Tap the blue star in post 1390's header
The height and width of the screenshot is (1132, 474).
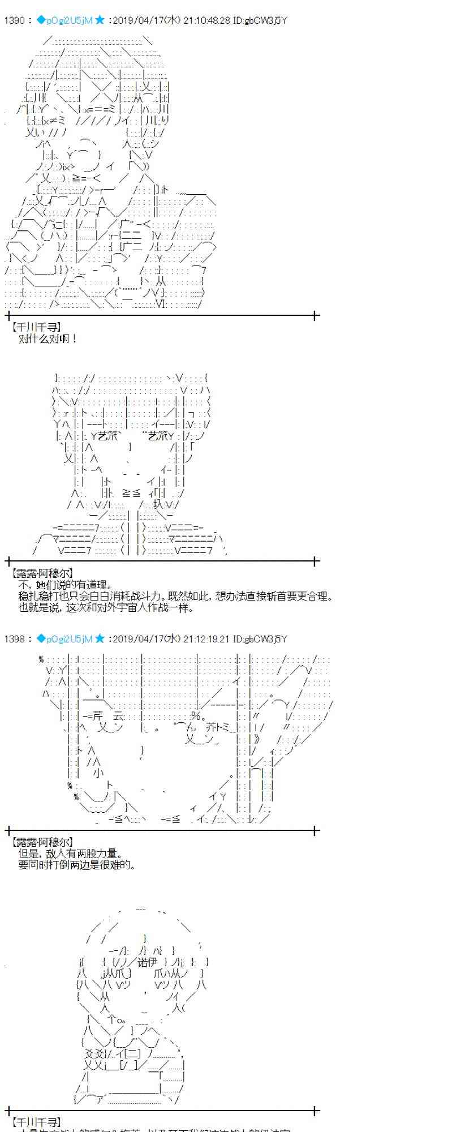pyautogui.click(x=100, y=20)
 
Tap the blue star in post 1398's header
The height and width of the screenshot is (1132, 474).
pyautogui.click(x=100, y=638)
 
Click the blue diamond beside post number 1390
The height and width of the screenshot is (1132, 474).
pyautogui.click(x=41, y=20)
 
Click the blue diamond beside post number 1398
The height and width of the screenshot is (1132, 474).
pyautogui.click(x=41, y=638)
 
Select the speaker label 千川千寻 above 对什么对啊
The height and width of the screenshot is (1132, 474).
pyautogui.click(x=36, y=327)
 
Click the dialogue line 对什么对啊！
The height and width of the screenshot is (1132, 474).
pyautogui.click(x=48, y=339)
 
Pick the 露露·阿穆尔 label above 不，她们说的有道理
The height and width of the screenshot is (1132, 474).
pyautogui.click(x=42, y=573)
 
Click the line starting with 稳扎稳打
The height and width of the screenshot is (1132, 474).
pyautogui.click(x=175, y=597)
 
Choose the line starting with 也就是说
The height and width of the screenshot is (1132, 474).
pyautogui.click(x=106, y=608)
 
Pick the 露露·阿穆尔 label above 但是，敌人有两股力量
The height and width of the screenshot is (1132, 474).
pyautogui.click(x=42, y=842)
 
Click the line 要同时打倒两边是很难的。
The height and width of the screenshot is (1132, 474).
pyautogui.click(x=76, y=865)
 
